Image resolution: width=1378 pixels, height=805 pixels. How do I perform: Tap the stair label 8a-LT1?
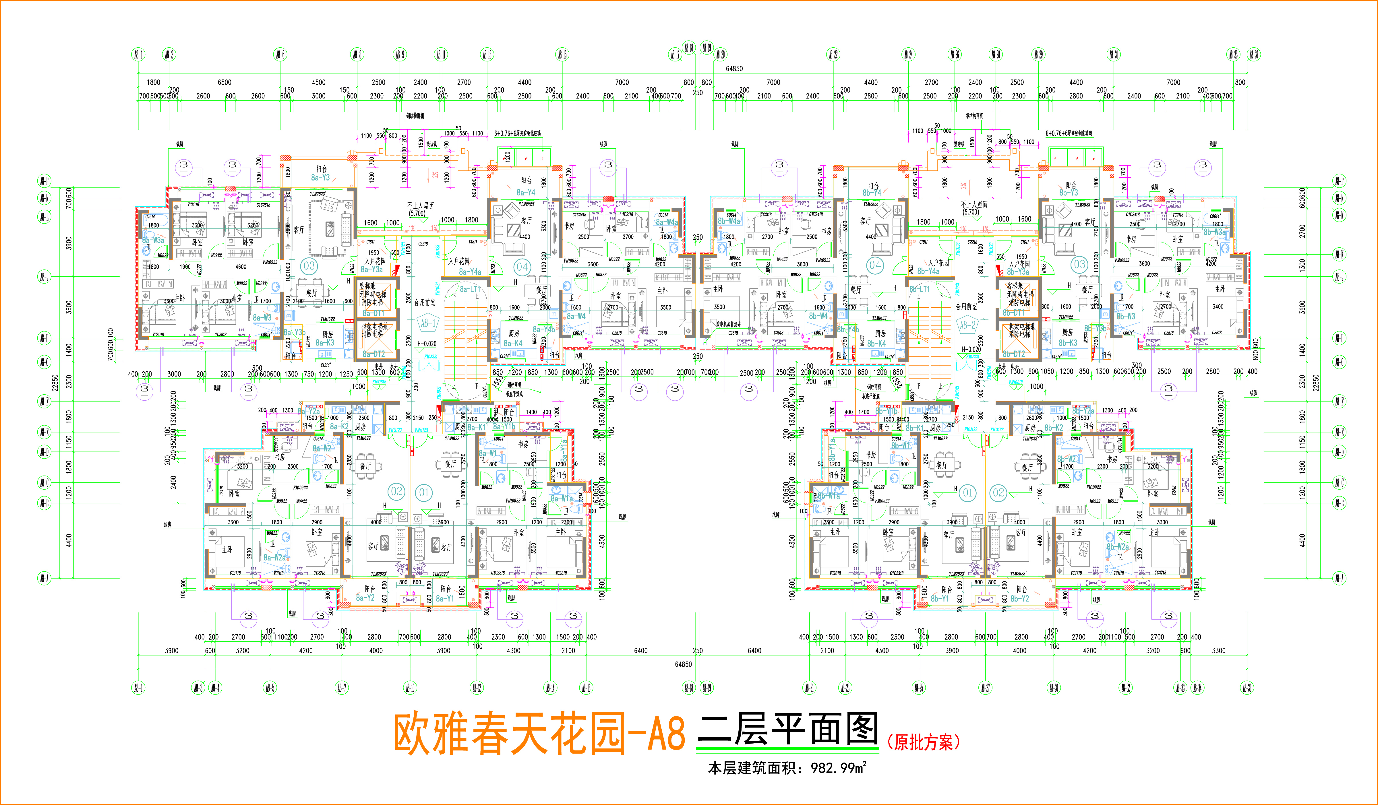(470, 288)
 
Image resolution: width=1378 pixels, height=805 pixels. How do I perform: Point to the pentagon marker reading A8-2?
(967, 325)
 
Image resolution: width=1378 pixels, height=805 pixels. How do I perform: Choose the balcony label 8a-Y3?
(320, 178)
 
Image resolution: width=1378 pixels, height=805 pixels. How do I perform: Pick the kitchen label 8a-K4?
(513, 343)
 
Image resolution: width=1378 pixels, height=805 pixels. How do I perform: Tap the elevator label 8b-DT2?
(1013, 354)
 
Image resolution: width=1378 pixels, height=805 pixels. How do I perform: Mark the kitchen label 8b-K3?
(1067, 343)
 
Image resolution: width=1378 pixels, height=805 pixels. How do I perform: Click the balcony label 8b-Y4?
(872, 192)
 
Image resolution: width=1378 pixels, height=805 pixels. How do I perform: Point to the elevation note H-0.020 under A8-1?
(427, 344)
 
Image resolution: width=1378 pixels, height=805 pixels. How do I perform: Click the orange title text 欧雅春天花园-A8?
(539, 734)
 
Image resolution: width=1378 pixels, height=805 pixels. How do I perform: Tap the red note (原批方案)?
(923, 742)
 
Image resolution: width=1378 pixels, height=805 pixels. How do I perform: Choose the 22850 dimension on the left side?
(55, 383)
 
